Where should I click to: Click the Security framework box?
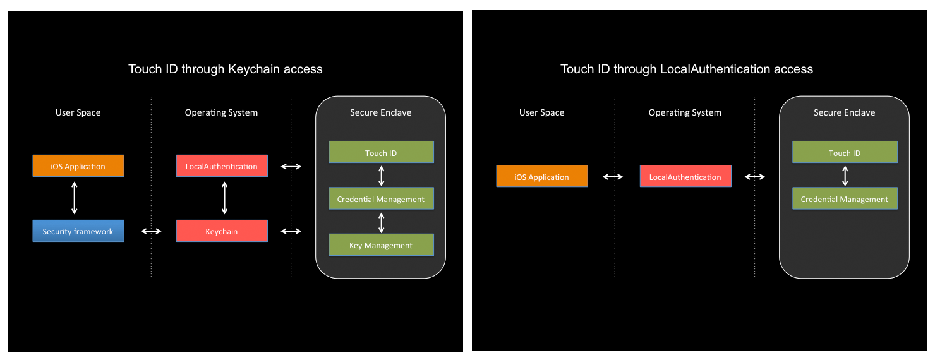click(78, 231)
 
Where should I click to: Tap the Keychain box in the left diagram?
click(222, 231)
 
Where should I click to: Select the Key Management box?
click(381, 245)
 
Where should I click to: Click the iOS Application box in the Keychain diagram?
click(78, 166)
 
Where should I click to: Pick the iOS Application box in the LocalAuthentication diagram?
click(542, 177)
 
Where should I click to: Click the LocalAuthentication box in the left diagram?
click(222, 166)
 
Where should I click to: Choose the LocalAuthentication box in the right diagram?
click(685, 177)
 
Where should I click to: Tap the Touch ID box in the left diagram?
click(381, 153)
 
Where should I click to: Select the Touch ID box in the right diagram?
click(845, 153)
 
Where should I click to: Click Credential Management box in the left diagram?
click(381, 199)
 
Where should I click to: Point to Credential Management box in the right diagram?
click(845, 199)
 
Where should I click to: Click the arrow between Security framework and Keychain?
click(151, 231)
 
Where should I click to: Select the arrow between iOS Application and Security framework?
click(75, 198)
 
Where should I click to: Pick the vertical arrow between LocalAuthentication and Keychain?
click(224, 198)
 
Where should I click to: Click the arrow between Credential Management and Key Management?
click(381, 222)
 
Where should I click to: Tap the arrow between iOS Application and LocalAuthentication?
click(613, 177)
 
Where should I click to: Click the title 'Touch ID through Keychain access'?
click(226, 69)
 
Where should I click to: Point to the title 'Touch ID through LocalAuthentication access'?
click(687, 69)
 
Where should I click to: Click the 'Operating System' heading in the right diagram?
click(685, 112)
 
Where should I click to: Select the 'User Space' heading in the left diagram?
click(78, 112)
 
